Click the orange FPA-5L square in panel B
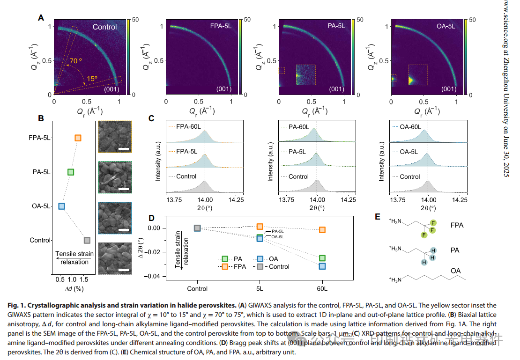coord(78,138)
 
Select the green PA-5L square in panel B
coord(71,172)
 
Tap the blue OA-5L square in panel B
coord(61,206)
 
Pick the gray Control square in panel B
coord(87,240)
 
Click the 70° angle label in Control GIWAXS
coord(76,61)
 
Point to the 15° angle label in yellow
coord(92,79)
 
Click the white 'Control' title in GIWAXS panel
coord(104,27)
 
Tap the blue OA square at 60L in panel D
coord(322,266)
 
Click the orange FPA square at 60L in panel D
coord(322,230)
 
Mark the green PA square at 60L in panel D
coord(322,258)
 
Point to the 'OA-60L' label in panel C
coord(410,127)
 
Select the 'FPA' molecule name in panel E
coord(457,225)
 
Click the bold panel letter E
coord(378,217)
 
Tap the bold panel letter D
coord(151,218)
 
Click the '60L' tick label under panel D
coord(322,289)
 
